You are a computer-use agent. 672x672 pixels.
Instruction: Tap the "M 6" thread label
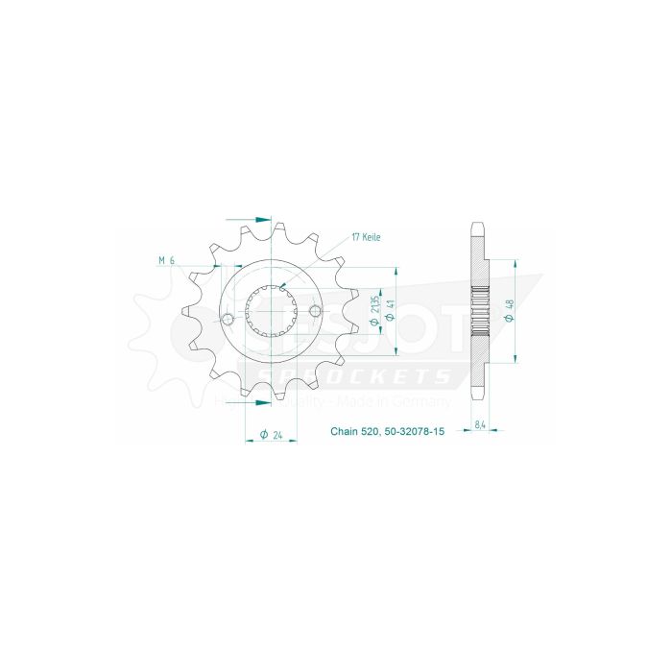[166, 259]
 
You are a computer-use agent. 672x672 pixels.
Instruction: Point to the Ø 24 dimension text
[272, 436]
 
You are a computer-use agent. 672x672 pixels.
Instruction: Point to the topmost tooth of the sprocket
[270, 228]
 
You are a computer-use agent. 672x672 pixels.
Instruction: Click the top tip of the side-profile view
[478, 227]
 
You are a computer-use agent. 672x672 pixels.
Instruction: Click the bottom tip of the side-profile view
[478, 399]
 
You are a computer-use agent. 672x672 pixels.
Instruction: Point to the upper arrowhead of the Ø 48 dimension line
[516, 261]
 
